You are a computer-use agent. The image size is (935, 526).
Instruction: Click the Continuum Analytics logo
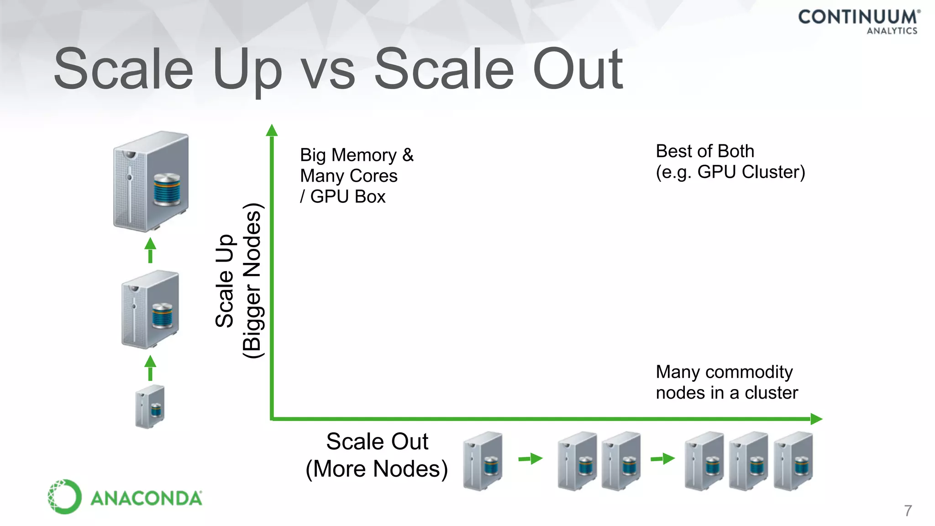pyautogui.click(x=859, y=21)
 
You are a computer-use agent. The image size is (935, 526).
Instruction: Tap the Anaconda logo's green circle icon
pyautogui.click(x=64, y=496)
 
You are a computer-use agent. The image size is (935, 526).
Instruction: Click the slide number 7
pyautogui.click(x=908, y=510)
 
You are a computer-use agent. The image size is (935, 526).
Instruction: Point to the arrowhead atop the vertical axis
pyautogui.click(x=272, y=131)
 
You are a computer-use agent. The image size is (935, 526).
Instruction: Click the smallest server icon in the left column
pyautogui.click(x=150, y=406)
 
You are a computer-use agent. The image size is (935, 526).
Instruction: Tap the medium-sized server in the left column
pyautogui.click(x=150, y=309)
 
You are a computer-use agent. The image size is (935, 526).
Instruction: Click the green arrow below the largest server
pyautogui.click(x=150, y=250)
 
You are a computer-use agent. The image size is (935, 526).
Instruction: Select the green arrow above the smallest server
pyautogui.click(x=150, y=368)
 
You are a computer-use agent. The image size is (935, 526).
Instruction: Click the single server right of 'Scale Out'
pyautogui.click(x=483, y=460)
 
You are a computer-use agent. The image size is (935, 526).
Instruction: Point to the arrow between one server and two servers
pyautogui.click(x=531, y=458)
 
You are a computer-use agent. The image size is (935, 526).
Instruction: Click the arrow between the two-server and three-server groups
pyautogui.click(x=662, y=458)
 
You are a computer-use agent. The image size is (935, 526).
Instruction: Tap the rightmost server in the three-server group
pyautogui.click(x=793, y=460)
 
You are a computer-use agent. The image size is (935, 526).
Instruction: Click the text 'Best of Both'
pyautogui.click(x=704, y=151)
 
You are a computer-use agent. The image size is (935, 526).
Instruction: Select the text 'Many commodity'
pyautogui.click(x=724, y=372)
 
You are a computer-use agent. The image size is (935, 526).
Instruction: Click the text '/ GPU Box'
pyautogui.click(x=343, y=197)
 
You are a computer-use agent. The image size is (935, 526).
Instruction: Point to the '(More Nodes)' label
pyautogui.click(x=377, y=469)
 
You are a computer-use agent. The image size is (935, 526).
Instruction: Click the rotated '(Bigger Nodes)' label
pyautogui.click(x=252, y=280)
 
